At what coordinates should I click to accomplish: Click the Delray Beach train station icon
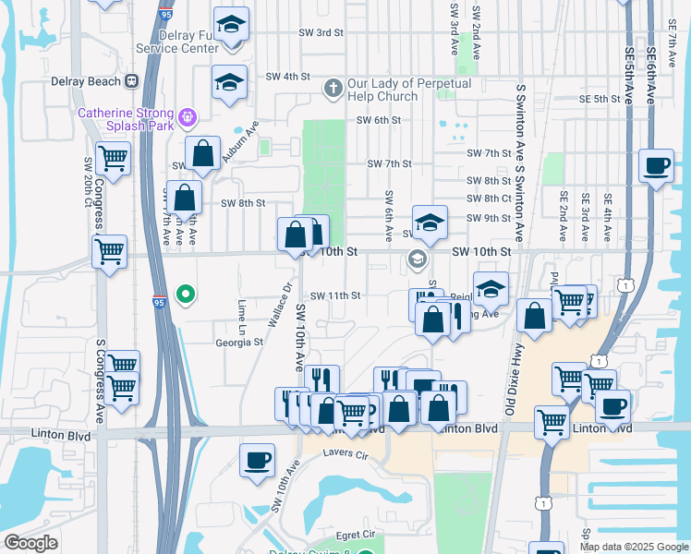[x=132, y=81]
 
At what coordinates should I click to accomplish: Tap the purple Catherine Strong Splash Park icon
[x=188, y=116]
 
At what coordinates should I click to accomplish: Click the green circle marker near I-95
[x=186, y=295]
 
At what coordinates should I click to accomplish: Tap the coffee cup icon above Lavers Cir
[x=257, y=459]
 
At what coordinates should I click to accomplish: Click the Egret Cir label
[x=356, y=535]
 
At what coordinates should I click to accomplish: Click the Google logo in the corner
[x=31, y=542]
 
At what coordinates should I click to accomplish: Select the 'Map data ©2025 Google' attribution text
[x=633, y=547]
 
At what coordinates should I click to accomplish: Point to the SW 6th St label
[x=379, y=120]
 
